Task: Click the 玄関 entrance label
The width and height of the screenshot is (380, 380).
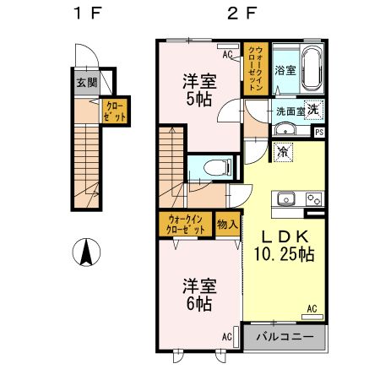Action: (x=85, y=83)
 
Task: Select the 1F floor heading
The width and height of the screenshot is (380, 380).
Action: (x=84, y=14)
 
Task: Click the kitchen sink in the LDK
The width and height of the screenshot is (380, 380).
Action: (x=283, y=201)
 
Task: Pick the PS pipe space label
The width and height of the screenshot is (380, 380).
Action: (x=318, y=132)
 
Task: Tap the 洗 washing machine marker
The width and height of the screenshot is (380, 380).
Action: (x=312, y=109)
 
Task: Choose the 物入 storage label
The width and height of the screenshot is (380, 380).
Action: (x=227, y=225)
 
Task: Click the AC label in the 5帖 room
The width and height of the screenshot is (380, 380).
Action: (x=228, y=55)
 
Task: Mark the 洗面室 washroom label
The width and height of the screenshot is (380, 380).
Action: (x=284, y=111)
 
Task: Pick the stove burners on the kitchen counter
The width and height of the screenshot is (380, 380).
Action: (x=312, y=200)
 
